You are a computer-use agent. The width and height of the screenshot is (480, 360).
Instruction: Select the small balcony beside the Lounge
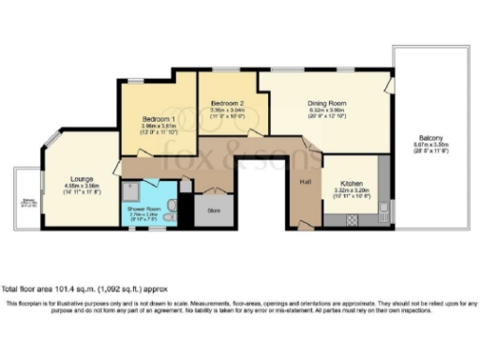[27, 199]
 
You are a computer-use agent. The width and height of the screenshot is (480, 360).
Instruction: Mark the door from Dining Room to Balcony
[388, 85]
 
